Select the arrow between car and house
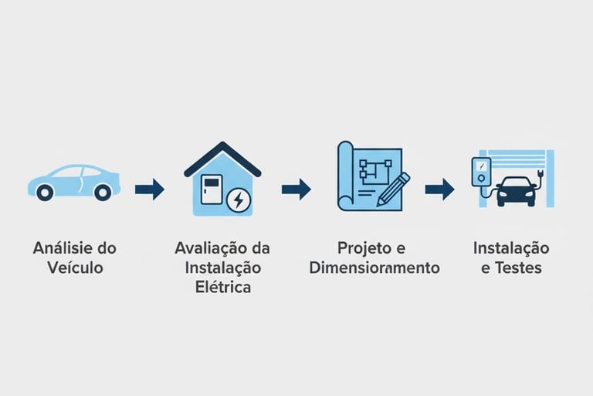pos(149,189)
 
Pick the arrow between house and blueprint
pos(296,189)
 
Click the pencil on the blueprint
pos(393,189)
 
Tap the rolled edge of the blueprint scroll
pos(344,176)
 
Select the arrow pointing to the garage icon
pos(439,189)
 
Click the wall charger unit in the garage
pos(481,171)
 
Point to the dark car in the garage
pos(516,190)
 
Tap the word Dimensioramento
pos(374,268)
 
